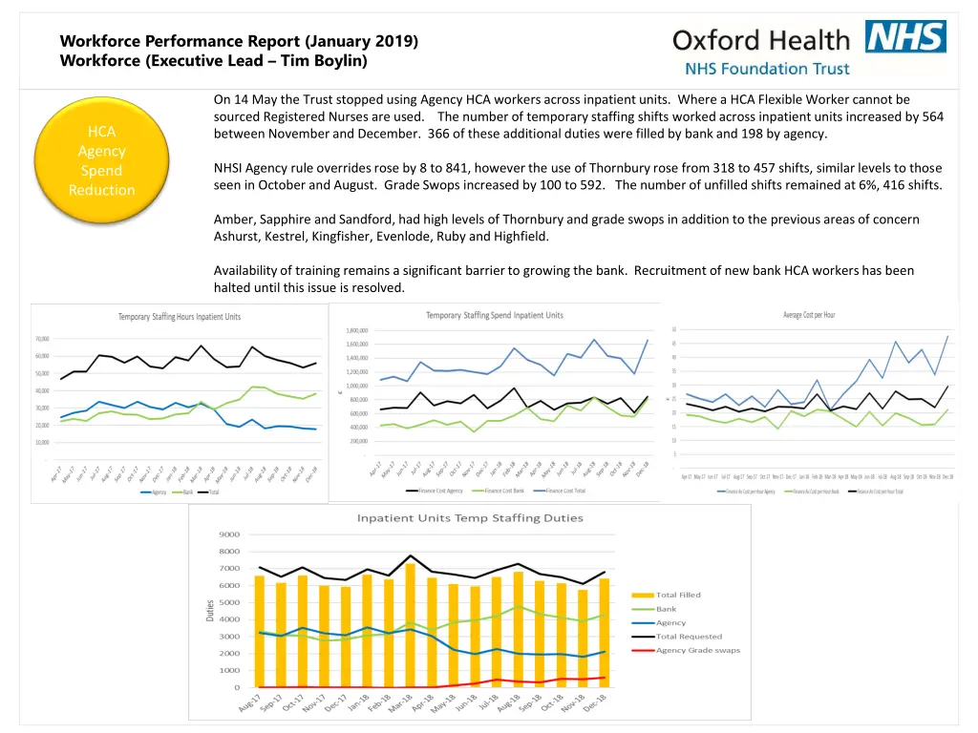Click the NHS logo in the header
905,37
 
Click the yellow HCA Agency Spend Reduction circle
101,161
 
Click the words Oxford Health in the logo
760,40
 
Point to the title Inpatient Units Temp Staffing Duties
470,518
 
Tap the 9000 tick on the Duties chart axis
229,534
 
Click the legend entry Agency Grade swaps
697,651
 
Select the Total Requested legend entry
689,637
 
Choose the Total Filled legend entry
678,595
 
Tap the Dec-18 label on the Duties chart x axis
594,705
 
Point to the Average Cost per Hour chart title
809,315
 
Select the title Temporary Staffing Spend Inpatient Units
494,315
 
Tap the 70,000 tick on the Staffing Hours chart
43,339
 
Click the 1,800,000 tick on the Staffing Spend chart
351,330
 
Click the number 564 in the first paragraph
931,116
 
